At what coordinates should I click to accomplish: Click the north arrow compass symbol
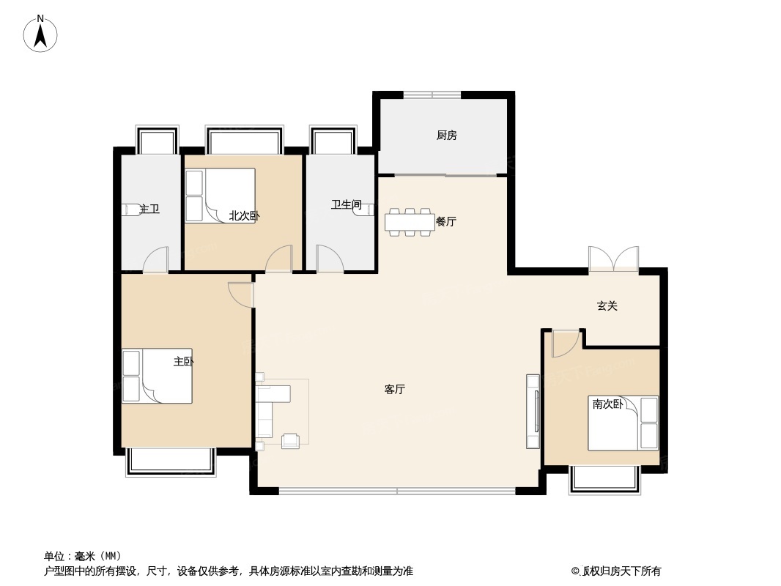pyautogui.click(x=40, y=34)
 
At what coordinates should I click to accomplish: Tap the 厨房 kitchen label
pyautogui.click(x=447, y=135)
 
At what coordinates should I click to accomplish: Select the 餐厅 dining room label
pyautogui.click(x=445, y=221)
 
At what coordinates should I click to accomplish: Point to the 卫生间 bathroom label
pyautogui.click(x=346, y=204)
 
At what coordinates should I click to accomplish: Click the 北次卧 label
pyautogui.click(x=244, y=215)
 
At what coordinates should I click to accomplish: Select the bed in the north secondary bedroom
pyautogui.click(x=220, y=195)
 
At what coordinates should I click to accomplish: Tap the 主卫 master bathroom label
pyautogui.click(x=149, y=209)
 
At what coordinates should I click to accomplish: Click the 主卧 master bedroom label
pyautogui.click(x=183, y=361)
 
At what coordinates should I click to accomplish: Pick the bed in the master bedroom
pyautogui.click(x=158, y=376)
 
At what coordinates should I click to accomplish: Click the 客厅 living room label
pyautogui.click(x=394, y=390)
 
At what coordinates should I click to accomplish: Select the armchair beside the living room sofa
pyautogui.click(x=290, y=441)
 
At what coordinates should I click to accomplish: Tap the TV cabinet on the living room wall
pyautogui.click(x=533, y=411)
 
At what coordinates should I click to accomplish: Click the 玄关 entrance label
pyautogui.click(x=607, y=305)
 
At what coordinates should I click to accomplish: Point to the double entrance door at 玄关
pyautogui.click(x=614, y=259)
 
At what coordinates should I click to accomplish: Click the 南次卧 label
pyautogui.click(x=607, y=404)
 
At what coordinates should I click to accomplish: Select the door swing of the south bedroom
pyautogui.click(x=566, y=344)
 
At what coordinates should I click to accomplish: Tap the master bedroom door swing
pyautogui.click(x=241, y=294)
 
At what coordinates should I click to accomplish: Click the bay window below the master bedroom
pyautogui.click(x=171, y=462)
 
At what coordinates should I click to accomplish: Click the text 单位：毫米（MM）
pyautogui.click(x=83, y=556)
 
